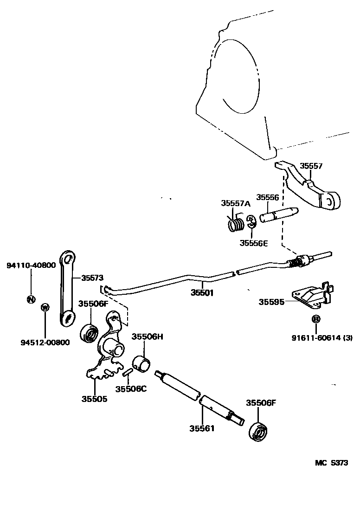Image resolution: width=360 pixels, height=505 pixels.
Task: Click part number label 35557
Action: coord(310,166)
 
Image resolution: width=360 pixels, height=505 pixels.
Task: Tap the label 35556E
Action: coord(254,242)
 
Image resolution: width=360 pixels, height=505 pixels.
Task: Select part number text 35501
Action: coord(202,293)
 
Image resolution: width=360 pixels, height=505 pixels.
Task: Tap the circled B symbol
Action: coord(315,319)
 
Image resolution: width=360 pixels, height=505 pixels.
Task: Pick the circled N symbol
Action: coord(31,299)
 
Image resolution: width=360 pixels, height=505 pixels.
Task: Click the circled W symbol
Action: coord(45,307)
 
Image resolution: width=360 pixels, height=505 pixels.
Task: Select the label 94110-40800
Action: coord(31,265)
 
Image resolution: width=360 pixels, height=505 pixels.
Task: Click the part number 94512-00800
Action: coord(45,343)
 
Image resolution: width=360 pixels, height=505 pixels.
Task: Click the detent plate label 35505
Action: coord(94,399)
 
